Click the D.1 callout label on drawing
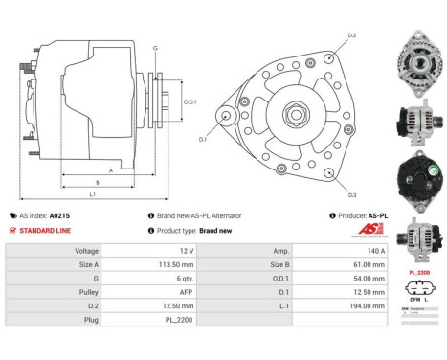pyautogui.click(x=202, y=139)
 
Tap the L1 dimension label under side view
pyautogui.click(x=91, y=195)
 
